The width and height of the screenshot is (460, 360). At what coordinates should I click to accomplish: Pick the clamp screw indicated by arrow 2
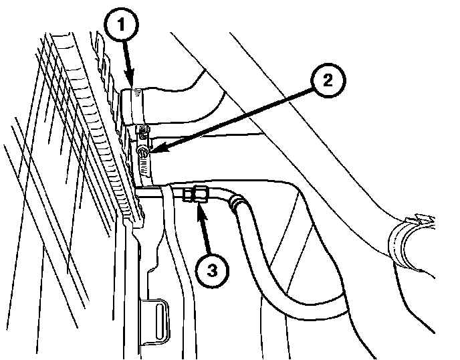click(142, 155)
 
